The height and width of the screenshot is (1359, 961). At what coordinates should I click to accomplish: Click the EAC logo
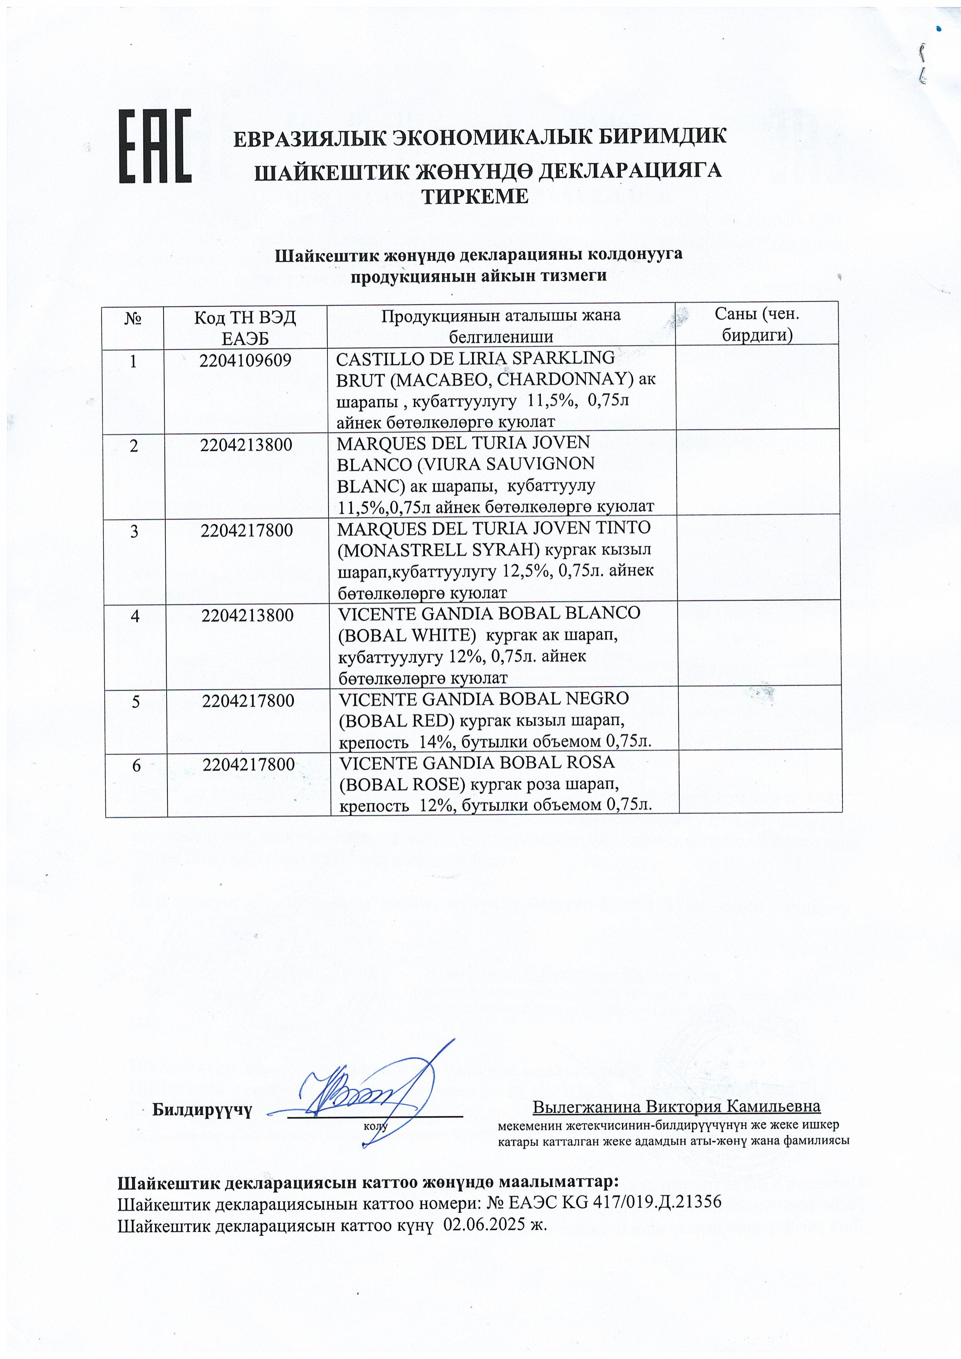pos(155,146)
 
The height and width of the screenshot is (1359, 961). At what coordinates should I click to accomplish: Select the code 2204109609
pos(245,360)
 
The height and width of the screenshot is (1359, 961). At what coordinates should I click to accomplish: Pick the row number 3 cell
pos(134,531)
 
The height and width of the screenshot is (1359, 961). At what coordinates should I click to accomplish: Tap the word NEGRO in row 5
pos(599,698)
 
